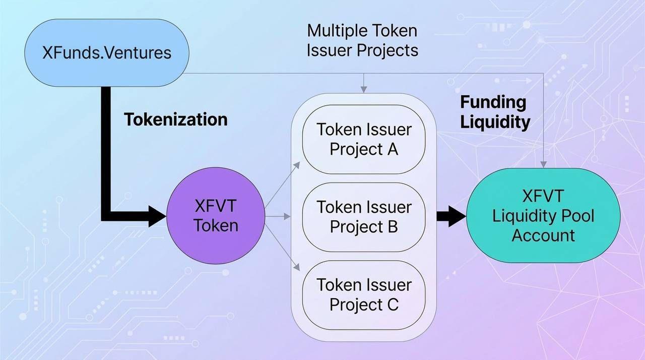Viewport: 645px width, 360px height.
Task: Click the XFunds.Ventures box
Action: click(x=107, y=53)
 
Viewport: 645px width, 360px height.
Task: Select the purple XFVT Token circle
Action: click(x=216, y=216)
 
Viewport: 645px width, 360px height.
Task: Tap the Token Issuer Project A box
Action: click(x=364, y=139)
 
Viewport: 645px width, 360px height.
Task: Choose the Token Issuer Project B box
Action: click(x=364, y=217)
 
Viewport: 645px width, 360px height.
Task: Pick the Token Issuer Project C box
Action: click(x=364, y=294)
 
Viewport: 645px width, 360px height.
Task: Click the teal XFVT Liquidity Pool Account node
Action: click(x=543, y=216)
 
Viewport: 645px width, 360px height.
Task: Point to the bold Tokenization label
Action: click(x=176, y=119)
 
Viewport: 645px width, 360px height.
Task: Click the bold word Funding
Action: click(x=493, y=102)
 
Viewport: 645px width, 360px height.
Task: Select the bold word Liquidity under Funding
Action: click(x=495, y=122)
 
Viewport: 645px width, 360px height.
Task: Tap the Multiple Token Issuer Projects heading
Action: click(x=362, y=40)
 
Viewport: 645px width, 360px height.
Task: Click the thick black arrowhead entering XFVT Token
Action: click(x=157, y=216)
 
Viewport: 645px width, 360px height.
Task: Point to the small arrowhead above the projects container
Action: click(x=363, y=89)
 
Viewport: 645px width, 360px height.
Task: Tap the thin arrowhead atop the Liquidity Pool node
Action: click(x=543, y=164)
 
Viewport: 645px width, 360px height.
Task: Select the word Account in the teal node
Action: click(x=543, y=235)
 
